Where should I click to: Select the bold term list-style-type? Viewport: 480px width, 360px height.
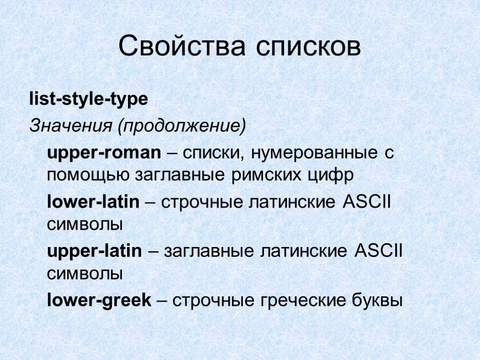pyautogui.click(x=88, y=99)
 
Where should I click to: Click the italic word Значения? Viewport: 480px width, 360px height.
pyautogui.click(x=70, y=126)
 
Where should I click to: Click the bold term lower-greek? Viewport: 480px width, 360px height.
pyautogui.click(x=99, y=300)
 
